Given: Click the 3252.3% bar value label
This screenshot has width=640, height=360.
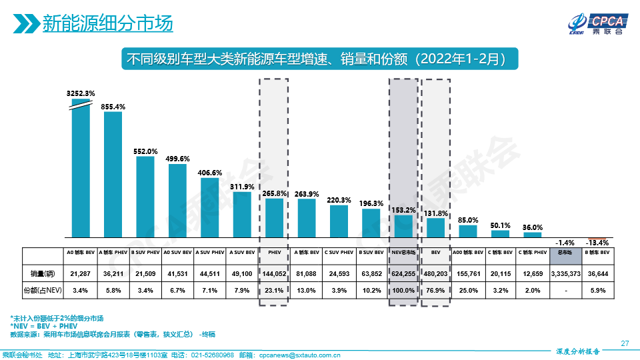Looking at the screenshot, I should pos(81,93).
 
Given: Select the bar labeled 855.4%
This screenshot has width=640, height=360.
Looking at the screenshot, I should pos(113,173).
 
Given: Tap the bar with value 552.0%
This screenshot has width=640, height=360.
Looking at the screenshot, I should pos(145,197).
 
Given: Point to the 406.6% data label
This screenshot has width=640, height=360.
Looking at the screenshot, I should pos(210,172).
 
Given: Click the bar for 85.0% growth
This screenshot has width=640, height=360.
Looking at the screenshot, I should pos(468,231).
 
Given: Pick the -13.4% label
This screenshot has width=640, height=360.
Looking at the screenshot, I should pos(597,243).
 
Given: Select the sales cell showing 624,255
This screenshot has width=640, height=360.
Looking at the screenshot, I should pos(403,273).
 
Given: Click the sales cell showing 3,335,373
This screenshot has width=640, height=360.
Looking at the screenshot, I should pos(565,273).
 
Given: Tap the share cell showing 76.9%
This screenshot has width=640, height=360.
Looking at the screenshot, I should pos(435,290).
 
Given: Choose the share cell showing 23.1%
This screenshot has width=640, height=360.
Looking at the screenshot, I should pos(273,290).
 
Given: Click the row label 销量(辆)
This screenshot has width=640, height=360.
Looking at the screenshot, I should pos(42,273).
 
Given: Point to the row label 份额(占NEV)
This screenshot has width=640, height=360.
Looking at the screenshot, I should pos(42,290).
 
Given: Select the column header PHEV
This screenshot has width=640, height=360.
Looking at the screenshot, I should pos(273,253).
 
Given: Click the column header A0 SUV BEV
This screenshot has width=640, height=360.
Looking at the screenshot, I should pos(177,253).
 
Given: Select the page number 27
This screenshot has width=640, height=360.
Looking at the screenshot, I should pos(625,343).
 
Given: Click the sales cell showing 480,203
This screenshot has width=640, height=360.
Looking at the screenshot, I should pos(435,273).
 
